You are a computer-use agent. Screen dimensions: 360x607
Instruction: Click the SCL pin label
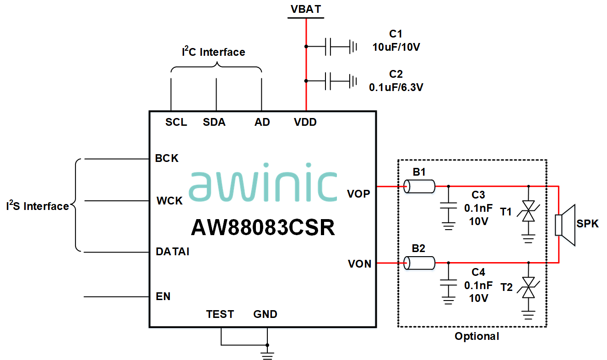176,123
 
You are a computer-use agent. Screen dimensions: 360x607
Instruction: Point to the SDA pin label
214,123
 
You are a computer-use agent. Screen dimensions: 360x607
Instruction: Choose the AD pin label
262,123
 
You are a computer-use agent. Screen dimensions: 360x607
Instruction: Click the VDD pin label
305,123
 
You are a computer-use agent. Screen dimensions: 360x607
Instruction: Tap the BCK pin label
167,159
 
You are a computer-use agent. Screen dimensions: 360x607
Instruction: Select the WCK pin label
169,201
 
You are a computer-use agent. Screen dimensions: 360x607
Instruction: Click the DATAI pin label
173,252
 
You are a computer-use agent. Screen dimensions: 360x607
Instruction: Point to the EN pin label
163,296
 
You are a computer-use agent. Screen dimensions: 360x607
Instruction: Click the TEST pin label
220,314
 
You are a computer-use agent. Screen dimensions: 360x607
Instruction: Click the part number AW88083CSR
263,227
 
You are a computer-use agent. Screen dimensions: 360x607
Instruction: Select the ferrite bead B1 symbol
419,186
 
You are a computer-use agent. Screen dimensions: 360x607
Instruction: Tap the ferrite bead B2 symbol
419,263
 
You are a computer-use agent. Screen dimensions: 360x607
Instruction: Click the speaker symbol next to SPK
564,225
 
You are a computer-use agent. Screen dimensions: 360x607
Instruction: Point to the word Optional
477,337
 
